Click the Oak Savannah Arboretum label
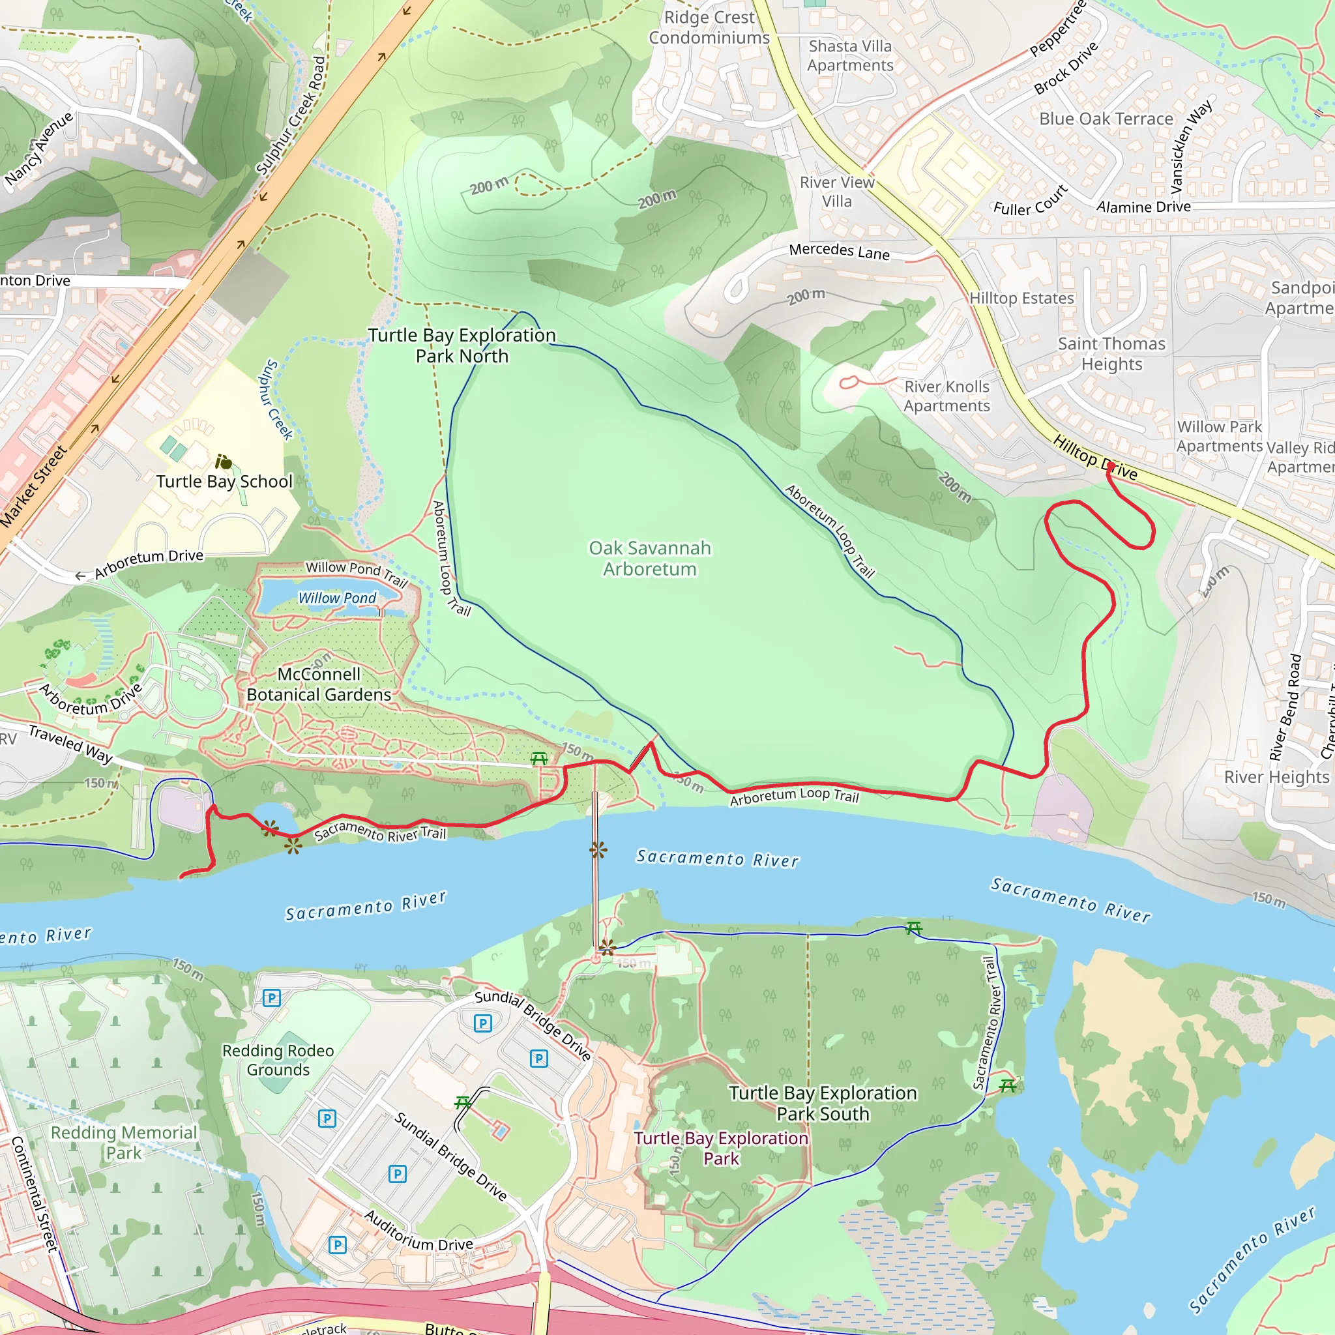coord(649,559)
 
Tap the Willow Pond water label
coord(337,598)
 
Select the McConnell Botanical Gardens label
coord(319,684)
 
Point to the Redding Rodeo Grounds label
coord(278,1060)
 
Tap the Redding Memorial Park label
coord(124,1142)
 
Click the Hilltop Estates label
coord(1021,298)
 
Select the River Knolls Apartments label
coord(946,396)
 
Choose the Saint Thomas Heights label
coord(1111,354)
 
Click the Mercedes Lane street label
coord(839,251)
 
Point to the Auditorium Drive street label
coord(418,1231)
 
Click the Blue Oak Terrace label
coord(1106,119)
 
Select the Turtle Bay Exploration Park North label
coord(462,345)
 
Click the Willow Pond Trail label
coord(357,573)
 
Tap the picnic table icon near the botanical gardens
coord(539,759)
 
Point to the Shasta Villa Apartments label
coord(850,55)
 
